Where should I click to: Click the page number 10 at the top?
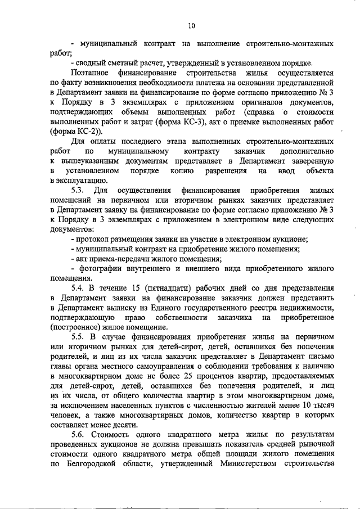(191, 25)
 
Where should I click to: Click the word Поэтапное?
(91, 73)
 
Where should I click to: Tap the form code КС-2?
(71, 132)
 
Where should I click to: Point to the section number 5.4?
(79, 287)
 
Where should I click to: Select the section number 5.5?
(79, 336)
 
